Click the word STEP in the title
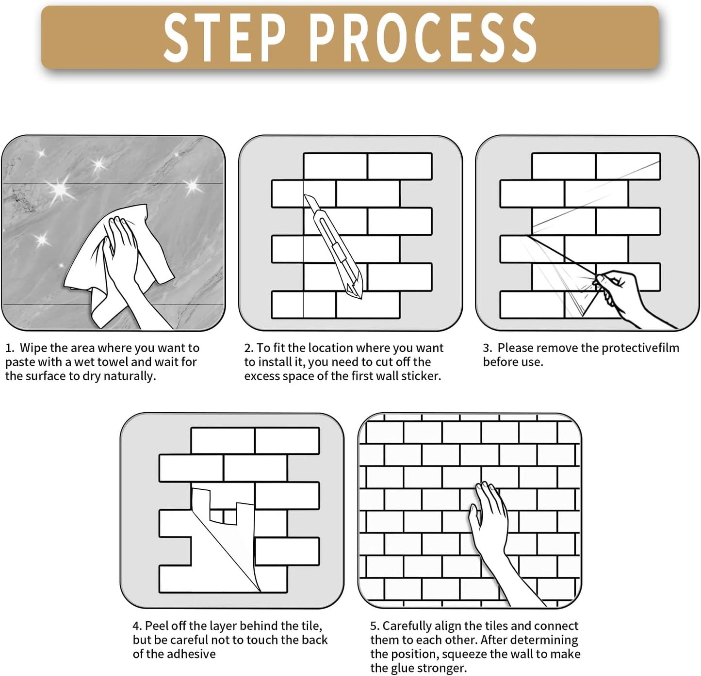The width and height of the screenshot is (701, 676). pos(225,37)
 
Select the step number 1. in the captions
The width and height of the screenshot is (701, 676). pos(10,348)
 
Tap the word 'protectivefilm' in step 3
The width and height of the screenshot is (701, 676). pos(640,348)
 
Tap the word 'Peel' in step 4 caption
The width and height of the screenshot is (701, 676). pos(156,626)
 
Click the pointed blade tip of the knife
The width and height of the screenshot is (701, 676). pos(360,299)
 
